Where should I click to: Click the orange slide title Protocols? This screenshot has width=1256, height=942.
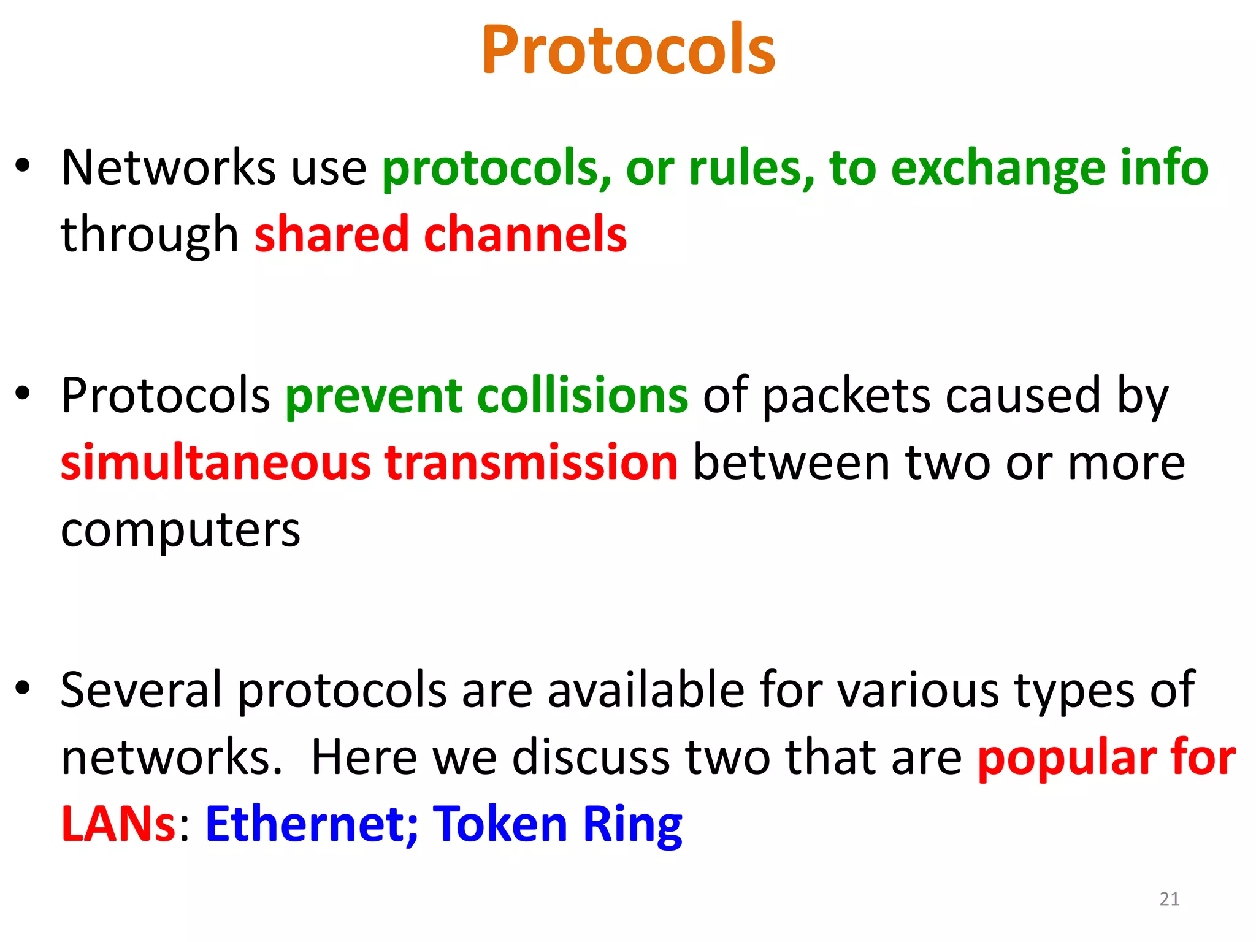click(x=628, y=50)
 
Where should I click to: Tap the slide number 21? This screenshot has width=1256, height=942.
click(x=1169, y=899)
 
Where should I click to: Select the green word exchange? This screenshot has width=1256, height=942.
click(x=997, y=169)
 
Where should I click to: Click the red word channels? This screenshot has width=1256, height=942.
click(x=525, y=234)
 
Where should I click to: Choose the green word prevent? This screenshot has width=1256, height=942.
click(x=373, y=396)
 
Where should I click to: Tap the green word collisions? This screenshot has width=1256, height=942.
click(x=582, y=396)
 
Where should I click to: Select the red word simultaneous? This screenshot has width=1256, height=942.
click(x=216, y=462)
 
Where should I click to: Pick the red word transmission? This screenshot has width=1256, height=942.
click(x=531, y=462)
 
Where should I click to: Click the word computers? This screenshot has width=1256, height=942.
click(x=180, y=530)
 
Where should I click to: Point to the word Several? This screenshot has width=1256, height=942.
click(x=141, y=690)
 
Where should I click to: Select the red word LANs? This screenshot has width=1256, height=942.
click(x=119, y=824)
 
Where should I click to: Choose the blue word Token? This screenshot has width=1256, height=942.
click(x=500, y=824)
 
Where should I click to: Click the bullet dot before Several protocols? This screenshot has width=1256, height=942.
click(x=23, y=688)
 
